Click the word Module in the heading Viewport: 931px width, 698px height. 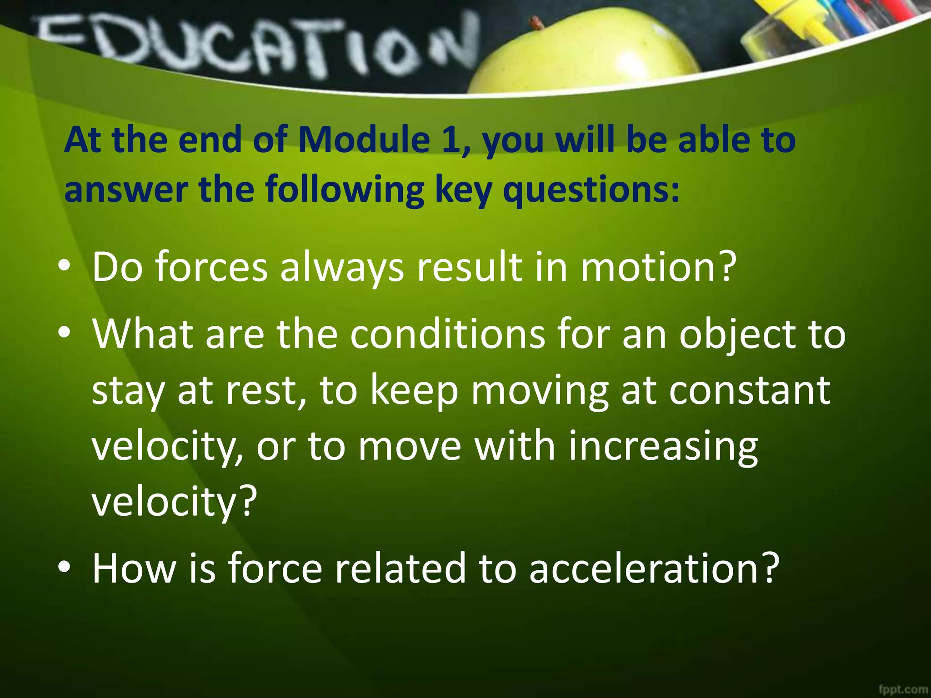click(364, 140)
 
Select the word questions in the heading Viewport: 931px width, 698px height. click(591, 190)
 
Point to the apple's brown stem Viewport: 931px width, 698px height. click(537, 22)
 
